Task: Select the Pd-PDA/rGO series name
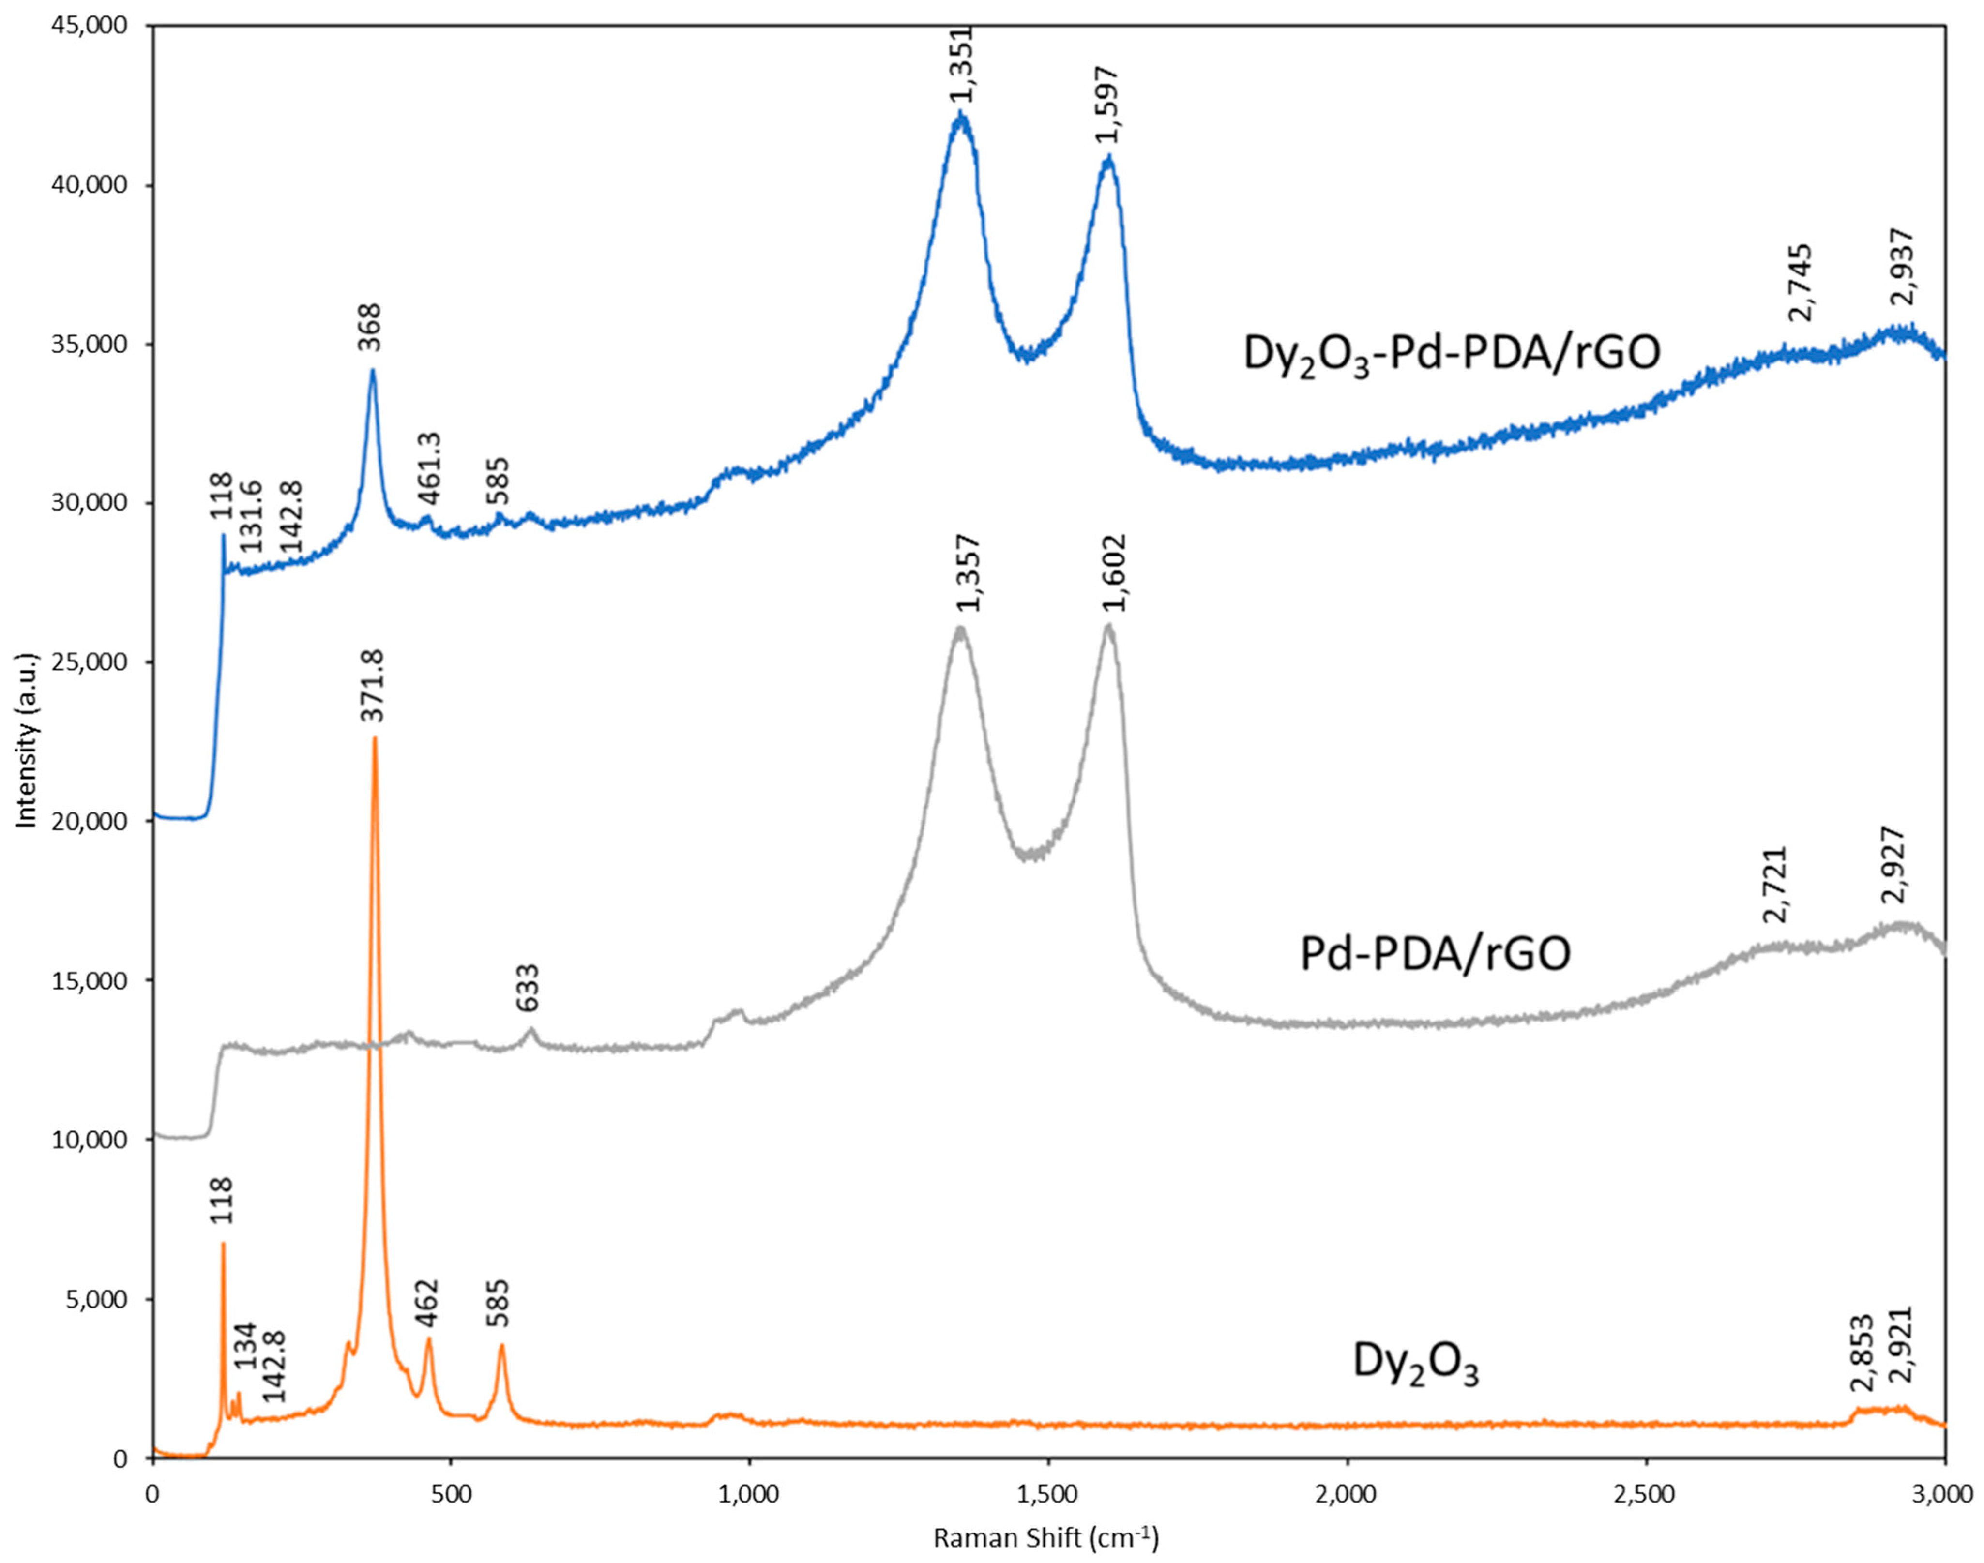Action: tap(1435, 954)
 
